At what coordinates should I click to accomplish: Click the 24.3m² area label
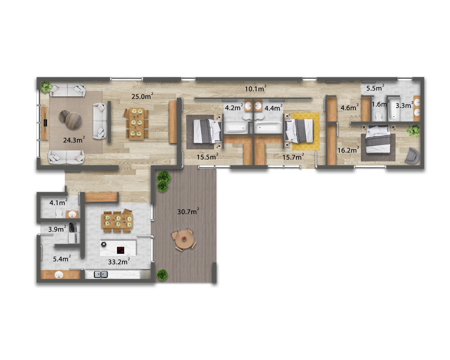74,140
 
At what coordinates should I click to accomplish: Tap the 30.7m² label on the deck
188,211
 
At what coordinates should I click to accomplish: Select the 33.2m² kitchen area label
119,261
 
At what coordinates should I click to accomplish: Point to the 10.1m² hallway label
256,89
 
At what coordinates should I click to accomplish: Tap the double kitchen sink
101,274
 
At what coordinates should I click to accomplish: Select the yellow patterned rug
306,131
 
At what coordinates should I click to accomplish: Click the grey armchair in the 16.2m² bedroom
412,156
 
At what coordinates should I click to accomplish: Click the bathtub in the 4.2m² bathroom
236,128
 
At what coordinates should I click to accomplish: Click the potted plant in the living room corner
46,87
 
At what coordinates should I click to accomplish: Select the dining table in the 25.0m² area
136,124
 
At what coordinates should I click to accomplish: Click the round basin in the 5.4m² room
59,275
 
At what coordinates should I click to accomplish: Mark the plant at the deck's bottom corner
162,275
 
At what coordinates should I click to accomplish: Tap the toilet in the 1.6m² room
379,116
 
